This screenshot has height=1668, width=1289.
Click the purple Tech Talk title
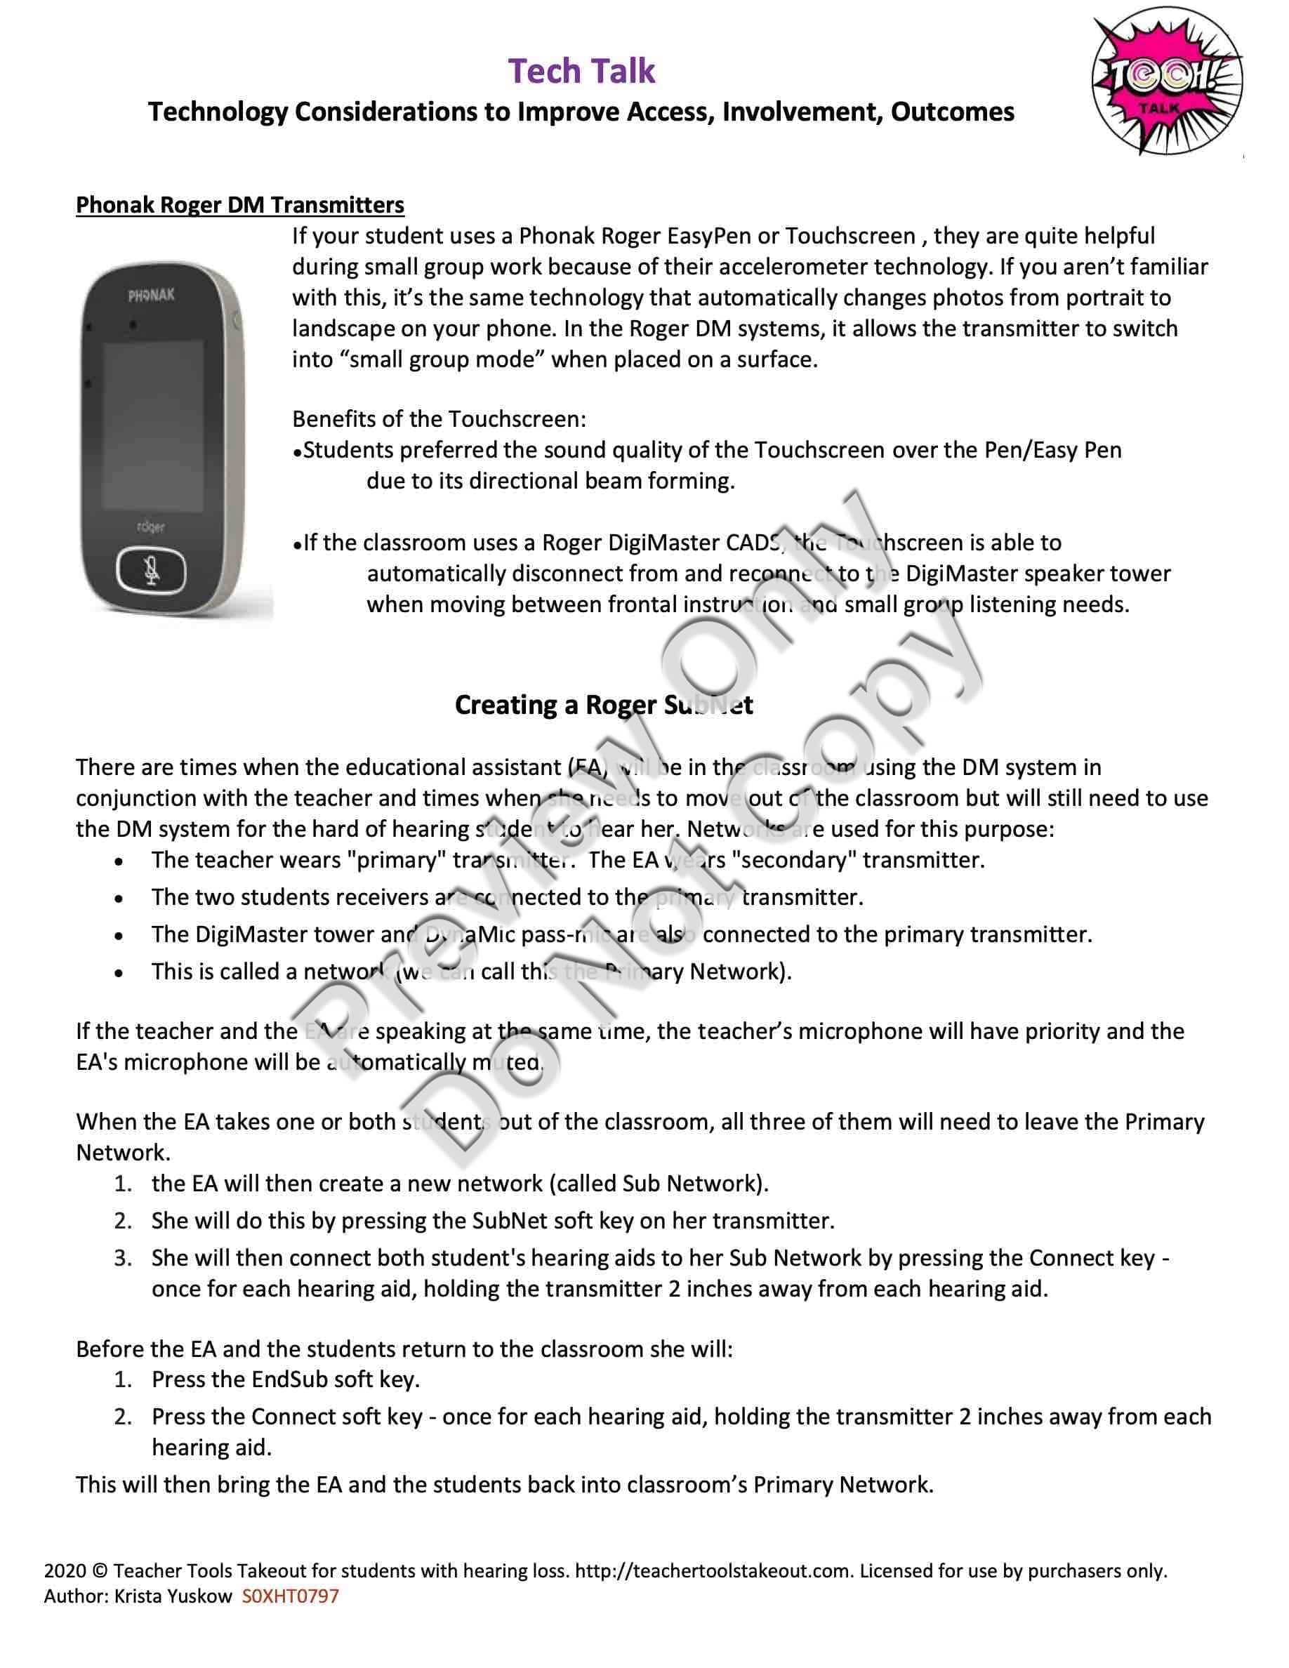coord(582,71)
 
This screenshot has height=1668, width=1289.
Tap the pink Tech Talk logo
coord(1166,86)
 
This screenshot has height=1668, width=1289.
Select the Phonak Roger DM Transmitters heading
coord(240,205)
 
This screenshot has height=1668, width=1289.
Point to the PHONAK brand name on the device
coord(150,295)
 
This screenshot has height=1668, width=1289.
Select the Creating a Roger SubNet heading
coord(603,704)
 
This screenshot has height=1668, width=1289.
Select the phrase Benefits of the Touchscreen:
coord(439,418)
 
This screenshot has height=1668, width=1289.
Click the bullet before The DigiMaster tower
coord(119,936)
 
